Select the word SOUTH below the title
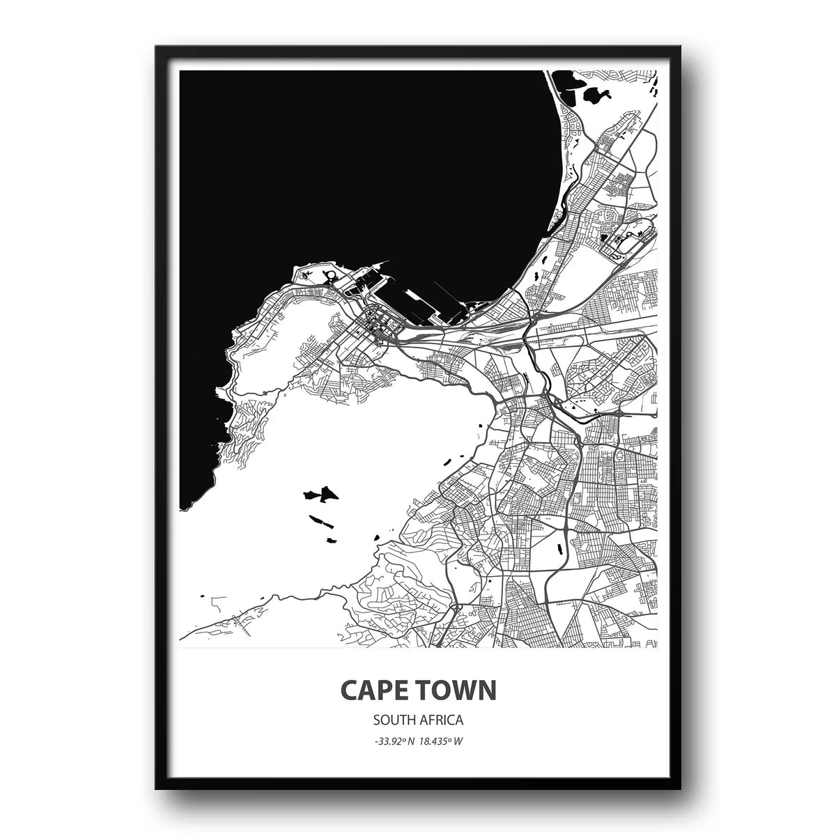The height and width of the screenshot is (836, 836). point(392,719)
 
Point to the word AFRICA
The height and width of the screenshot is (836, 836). point(444,719)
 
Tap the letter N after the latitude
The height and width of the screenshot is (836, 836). point(412,741)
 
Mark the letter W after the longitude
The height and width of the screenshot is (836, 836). point(460,741)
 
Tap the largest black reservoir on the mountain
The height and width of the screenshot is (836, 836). point(320,495)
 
